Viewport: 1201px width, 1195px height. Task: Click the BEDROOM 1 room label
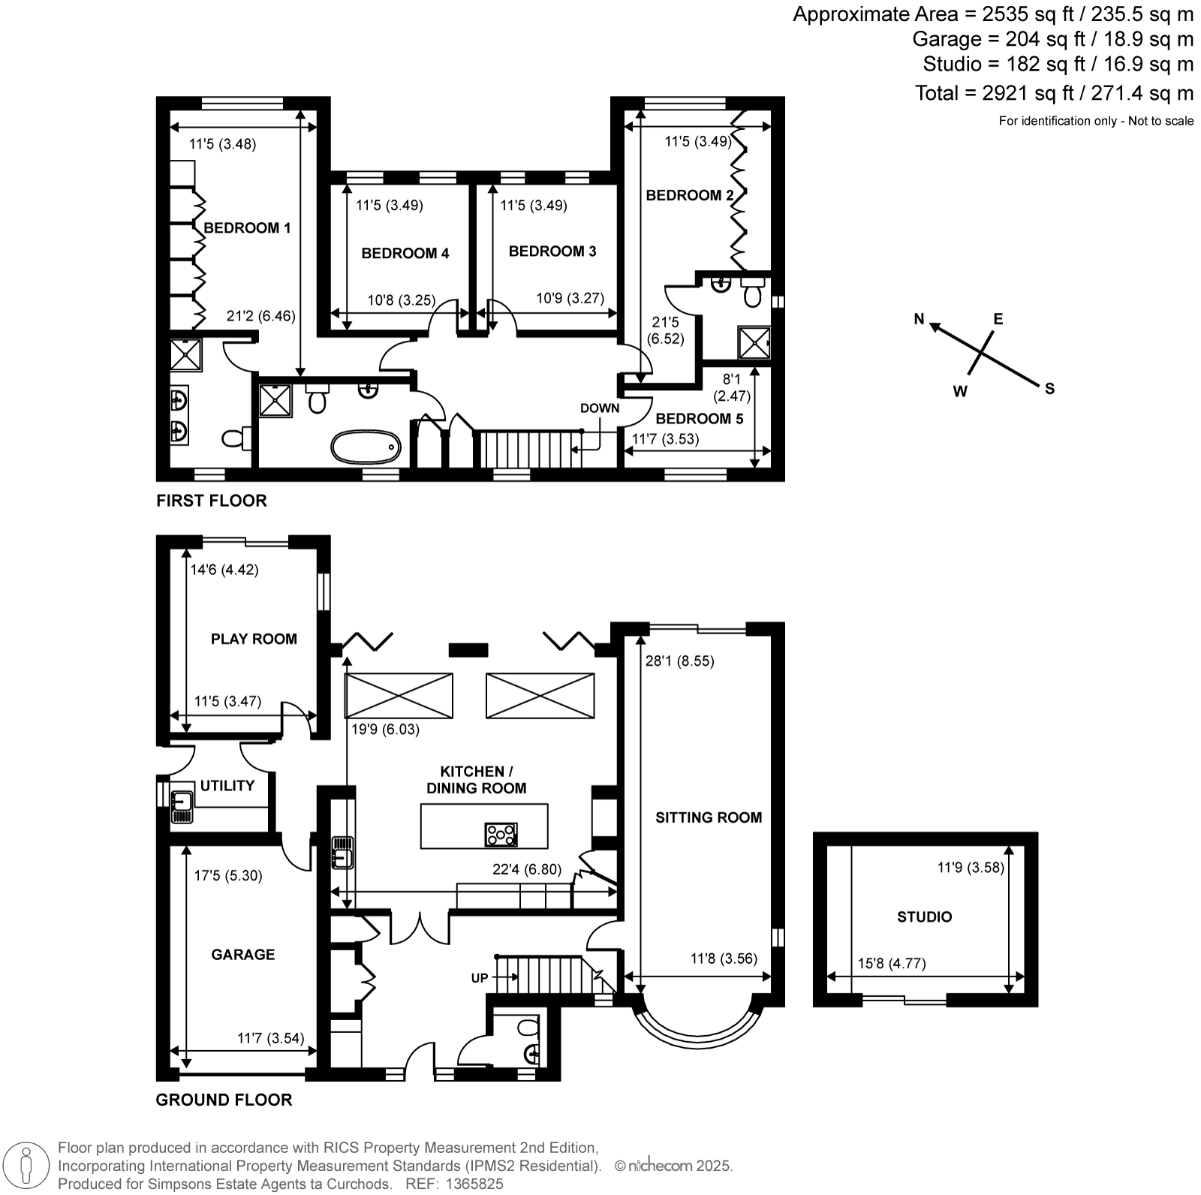tap(247, 228)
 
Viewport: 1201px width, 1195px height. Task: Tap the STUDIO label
tap(924, 917)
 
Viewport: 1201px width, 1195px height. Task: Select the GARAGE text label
tap(243, 955)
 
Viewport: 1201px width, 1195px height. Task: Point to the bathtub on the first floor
tap(364, 447)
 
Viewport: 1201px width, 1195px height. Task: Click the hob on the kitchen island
tap(501, 835)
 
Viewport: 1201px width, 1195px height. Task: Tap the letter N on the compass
tap(919, 319)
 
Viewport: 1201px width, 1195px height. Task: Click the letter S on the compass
tap(1049, 388)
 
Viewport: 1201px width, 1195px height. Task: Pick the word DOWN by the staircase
tap(600, 408)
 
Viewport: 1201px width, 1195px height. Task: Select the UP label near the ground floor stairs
tap(479, 977)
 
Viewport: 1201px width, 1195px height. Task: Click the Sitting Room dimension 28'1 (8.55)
tap(679, 661)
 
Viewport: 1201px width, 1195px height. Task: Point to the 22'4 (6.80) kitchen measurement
tap(526, 870)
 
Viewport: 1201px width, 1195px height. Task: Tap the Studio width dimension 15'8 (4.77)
tap(892, 963)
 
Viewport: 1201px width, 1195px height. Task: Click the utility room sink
tap(182, 807)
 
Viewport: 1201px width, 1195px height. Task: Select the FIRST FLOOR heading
tap(212, 501)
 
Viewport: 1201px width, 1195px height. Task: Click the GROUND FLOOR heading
tap(224, 1100)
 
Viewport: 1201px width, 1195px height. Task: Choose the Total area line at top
tap(1054, 93)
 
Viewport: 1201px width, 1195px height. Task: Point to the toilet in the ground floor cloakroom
tap(527, 1026)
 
